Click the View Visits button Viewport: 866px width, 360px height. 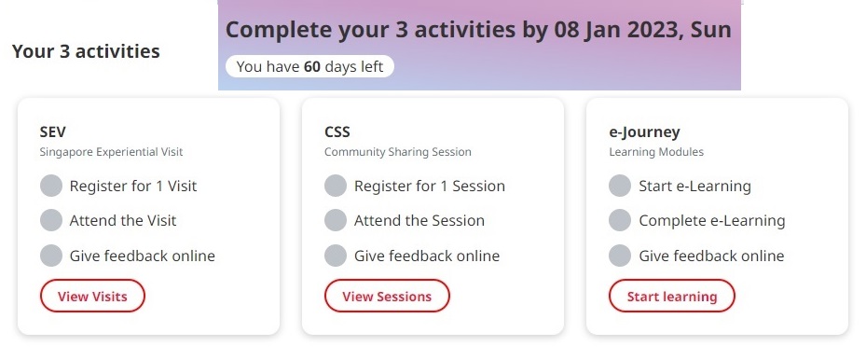tap(92, 296)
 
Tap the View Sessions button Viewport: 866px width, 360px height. tap(387, 296)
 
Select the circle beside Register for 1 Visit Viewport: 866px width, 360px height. tap(51, 186)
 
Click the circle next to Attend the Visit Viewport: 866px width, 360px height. tap(51, 220)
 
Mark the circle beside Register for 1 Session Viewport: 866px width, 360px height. tap(336, 186)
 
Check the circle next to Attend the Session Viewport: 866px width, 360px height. tap(336, 220)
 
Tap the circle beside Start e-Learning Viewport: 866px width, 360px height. tap(620, 186)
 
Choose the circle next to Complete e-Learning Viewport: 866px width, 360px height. tap(620, 220)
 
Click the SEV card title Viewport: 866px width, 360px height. tap(53, 132)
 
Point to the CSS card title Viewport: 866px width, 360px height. tap(337, 132)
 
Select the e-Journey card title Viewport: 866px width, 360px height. tap(644, 132)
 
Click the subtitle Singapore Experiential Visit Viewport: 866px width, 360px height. tap(111, 152)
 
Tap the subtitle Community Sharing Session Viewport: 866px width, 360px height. tap(398, 152)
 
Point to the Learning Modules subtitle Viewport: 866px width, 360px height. tap(656, 152)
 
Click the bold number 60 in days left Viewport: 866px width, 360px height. tap(312, 67)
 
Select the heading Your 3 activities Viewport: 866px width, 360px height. tap(86, 51)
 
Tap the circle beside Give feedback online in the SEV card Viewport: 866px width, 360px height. tap(51, 256)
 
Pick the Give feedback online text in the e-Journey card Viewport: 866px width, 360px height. tap(711, 256)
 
